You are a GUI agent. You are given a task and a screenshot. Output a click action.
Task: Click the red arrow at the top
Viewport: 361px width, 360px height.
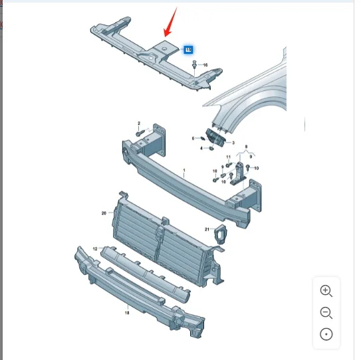pyautogui.click(x=170, y=23)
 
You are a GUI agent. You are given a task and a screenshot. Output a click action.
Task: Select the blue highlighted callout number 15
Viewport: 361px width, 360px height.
pyautogui.click(x=188, y=50)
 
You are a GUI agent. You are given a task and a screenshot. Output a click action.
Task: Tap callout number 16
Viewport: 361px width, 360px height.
pyautogui.click(x=205, y=65)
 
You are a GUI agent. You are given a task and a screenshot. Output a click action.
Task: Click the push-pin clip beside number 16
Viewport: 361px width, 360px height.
pyautogui.click(x=195, y=64)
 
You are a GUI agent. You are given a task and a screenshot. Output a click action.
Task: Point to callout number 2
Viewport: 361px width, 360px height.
pyautogui.click(x=139, y=124)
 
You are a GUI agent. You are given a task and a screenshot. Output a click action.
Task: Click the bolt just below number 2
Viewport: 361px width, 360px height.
pyautogui.click(x=140, y=134)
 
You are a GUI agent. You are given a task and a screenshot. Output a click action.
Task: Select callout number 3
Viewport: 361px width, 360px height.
pyautogui.click(x=233, y=143)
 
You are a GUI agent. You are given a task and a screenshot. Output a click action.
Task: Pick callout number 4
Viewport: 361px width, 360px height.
pyautogui.click(x=201, y=148)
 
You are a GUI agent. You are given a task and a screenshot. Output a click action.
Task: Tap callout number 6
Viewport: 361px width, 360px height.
pyautogui.click(x=193, y=138)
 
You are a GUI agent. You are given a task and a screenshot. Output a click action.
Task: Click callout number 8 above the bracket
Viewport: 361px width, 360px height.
pyautogui.click(x=246, y=147)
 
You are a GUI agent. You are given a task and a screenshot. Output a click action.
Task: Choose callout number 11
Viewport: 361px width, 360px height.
pyautogui.click(x=229, y=157)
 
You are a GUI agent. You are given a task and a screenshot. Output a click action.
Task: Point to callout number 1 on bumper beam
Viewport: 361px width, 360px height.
pyautogui.click(x=184, y=171)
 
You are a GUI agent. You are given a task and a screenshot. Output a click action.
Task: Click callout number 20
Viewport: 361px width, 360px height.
pyautogui.click(x=104, y=213)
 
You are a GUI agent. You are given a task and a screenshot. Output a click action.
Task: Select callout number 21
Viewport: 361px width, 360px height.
pyautogui.click(x=207, y=229)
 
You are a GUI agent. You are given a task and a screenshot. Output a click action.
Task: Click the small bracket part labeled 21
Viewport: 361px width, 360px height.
pyautogui.click(x=221, y=234)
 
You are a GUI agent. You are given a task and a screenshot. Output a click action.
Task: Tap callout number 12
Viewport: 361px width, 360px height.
pyautogui.click(x=95, y=248)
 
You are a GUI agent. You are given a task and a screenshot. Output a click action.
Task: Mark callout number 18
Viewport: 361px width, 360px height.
pyautogui.click(x=127, y=313)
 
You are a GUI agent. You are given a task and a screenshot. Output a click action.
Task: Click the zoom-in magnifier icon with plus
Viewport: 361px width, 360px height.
pyautogui.click(x=326, y=291)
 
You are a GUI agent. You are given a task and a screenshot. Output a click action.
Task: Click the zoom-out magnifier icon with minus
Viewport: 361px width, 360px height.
pyautogui.click(x=326, y=313)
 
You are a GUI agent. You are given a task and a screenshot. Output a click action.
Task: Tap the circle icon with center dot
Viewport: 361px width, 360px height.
pyautogui.click(x=326, y=334)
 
